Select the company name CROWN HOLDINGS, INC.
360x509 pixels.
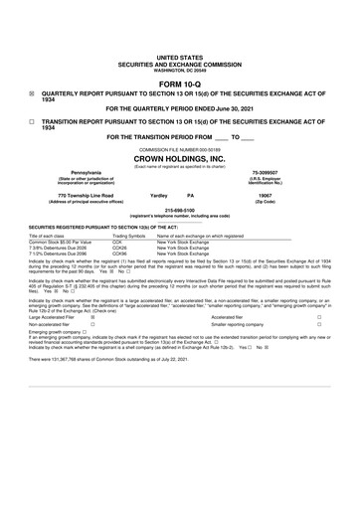[180, 157]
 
